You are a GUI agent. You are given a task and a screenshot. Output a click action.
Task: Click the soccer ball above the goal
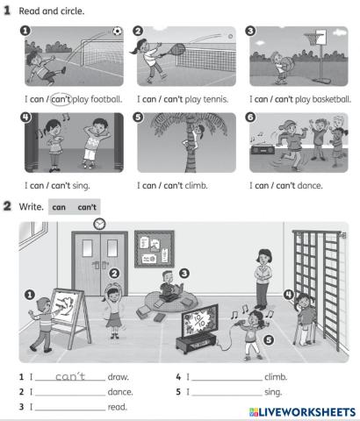117,31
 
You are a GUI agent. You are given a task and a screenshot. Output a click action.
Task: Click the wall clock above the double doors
99,224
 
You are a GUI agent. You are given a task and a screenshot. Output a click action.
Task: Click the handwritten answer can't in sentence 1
68,377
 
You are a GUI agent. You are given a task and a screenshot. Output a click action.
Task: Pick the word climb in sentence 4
276,378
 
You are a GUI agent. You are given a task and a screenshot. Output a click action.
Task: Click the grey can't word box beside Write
87,207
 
